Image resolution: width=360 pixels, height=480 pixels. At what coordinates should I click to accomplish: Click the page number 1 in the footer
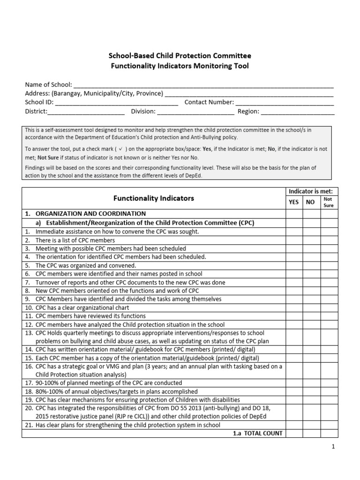(333, 447)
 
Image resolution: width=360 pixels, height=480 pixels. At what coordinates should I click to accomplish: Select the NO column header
(310, 202)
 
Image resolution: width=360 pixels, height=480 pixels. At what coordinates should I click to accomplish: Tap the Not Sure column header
(328, 202)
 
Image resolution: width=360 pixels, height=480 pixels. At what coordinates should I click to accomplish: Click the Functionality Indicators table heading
(154, 198)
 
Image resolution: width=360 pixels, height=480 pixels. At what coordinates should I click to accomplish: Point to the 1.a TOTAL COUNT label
(257, 433)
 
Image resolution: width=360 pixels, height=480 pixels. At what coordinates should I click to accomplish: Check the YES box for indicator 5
(294, 265)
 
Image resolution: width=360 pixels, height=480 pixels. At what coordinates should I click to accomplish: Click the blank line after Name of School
(203, 85)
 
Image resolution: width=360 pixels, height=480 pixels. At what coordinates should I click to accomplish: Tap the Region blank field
(297, 112)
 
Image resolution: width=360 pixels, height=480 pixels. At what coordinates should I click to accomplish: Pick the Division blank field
(195, 112)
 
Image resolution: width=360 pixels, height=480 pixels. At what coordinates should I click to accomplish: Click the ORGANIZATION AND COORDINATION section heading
(90, 214)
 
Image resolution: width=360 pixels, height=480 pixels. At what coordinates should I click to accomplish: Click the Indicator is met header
(311, 191)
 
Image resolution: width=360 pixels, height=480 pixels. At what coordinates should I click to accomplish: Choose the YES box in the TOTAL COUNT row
(294, 433)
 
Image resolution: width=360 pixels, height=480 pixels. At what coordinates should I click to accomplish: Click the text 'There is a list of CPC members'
(75, 240)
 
